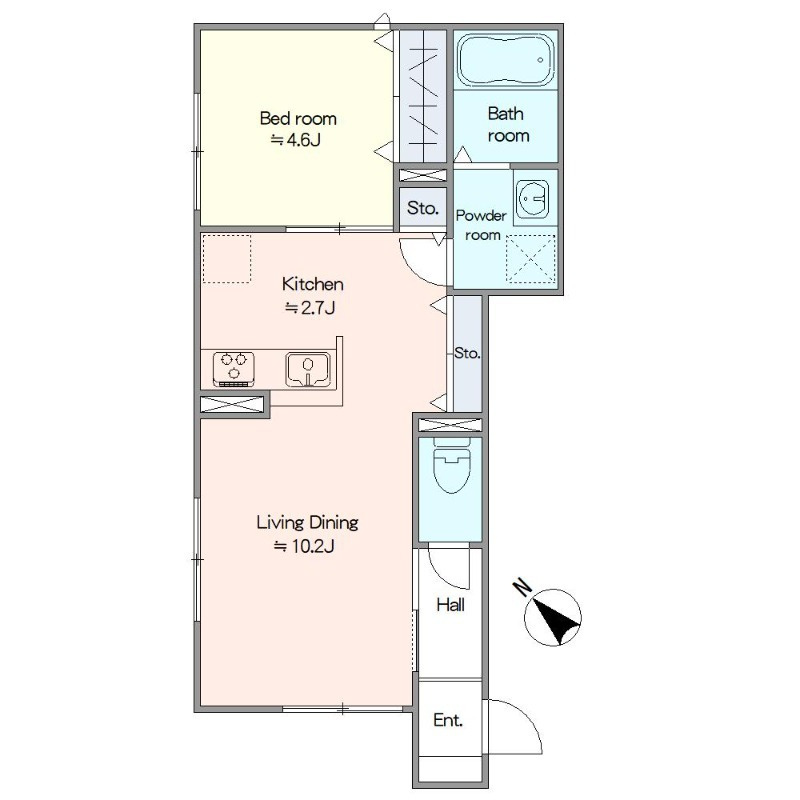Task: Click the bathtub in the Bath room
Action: (506, 61)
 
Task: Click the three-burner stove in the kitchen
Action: (234, 368)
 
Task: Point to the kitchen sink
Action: (308, 369)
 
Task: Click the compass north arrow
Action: (556, 618)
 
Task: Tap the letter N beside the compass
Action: (522, 587)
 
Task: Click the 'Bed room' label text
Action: (298, 118)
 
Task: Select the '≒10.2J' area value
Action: (304, 546)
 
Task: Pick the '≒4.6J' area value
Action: (295, 139)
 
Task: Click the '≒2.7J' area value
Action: (310, 308)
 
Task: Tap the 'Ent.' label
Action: (448, 720)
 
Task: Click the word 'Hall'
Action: (451, 605)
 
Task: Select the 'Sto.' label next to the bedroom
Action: (423, 208)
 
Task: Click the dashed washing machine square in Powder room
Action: (531, 259)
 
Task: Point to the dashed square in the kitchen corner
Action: (227, 259)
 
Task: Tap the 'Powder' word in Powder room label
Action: (481, 215)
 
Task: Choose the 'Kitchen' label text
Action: (313, 284)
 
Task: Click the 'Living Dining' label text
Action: (307, 522)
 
